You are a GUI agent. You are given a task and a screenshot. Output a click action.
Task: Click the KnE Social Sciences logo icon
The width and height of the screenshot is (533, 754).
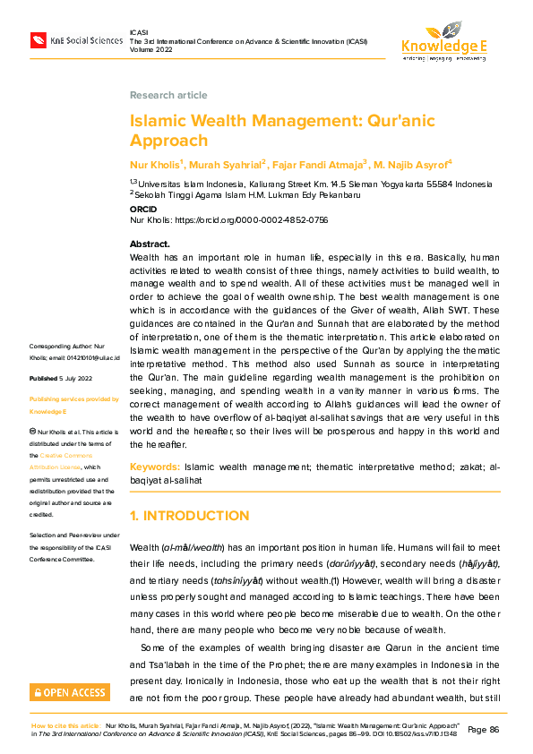click(39, 39)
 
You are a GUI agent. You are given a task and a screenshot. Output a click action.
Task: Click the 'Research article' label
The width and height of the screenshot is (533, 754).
click(168, 95)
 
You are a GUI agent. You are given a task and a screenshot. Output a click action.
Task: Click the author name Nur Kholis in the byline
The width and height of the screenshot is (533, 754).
click(155, 164)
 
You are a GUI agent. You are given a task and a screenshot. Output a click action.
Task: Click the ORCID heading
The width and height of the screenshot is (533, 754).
click(143, 209)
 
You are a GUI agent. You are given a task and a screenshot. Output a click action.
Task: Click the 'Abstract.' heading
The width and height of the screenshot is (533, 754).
click(150, 244)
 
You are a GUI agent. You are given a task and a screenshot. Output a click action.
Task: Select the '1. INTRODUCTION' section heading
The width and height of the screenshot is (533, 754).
click(189, 516)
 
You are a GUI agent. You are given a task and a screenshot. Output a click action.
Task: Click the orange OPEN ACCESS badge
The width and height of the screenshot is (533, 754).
click(71, 692)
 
